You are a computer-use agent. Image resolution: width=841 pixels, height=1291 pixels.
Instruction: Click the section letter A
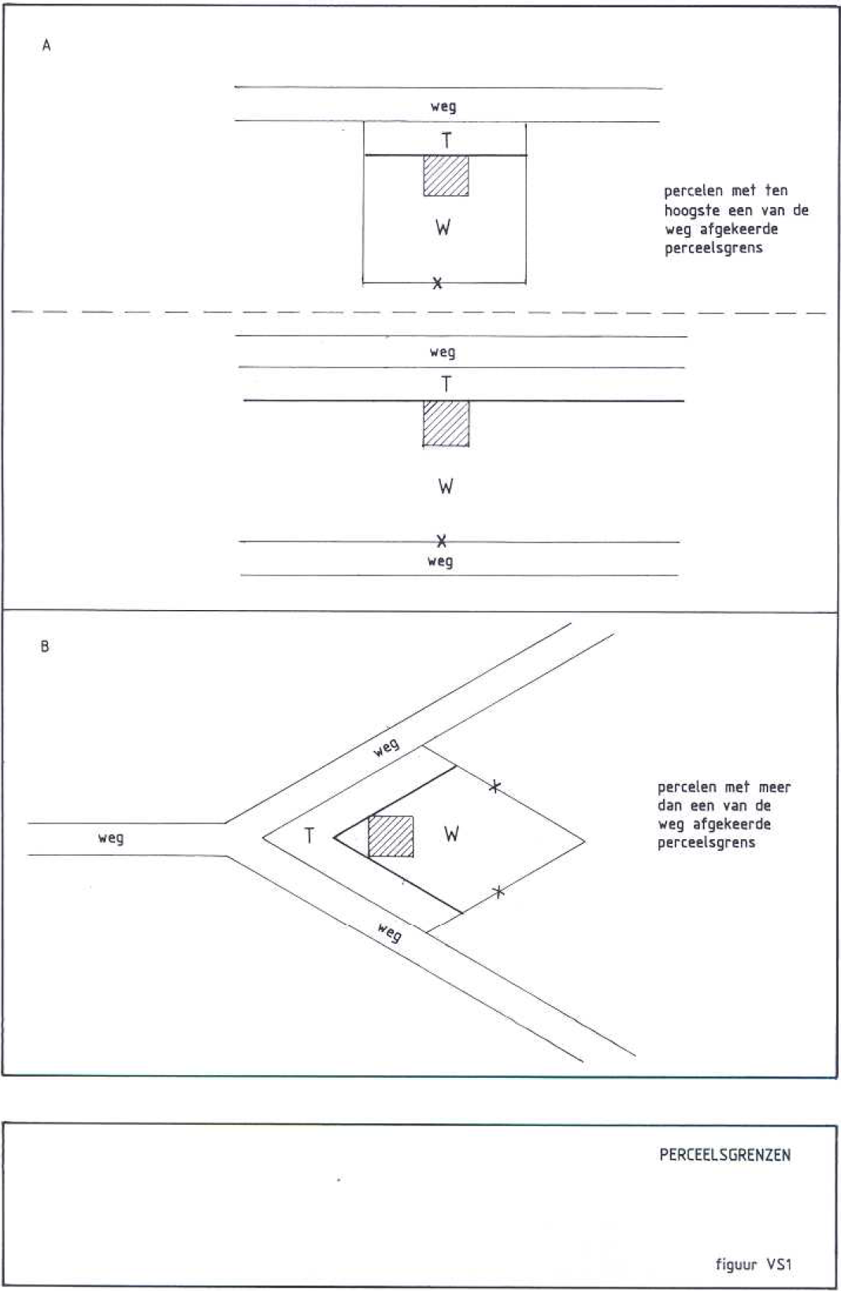46,46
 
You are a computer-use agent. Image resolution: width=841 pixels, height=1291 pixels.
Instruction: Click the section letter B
45,647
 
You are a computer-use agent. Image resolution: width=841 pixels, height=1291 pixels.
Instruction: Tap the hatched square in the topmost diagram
446,176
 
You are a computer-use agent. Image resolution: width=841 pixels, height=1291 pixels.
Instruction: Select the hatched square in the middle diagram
446,424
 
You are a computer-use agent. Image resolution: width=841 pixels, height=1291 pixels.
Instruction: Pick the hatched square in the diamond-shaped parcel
391,836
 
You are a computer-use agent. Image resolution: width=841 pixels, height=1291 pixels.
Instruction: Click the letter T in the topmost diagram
446,140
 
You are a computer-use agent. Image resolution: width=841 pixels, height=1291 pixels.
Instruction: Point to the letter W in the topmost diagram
443,228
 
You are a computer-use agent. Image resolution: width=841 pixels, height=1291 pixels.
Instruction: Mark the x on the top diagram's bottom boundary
438,283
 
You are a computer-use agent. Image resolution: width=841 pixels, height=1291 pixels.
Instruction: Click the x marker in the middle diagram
442,541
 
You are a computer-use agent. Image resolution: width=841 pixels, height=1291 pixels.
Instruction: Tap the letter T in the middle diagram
446,384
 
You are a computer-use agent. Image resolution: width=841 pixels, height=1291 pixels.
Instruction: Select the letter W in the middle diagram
446,486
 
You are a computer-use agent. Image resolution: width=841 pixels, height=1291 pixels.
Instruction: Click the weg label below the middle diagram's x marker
440,561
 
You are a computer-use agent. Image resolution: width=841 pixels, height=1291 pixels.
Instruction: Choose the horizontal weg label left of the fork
111,838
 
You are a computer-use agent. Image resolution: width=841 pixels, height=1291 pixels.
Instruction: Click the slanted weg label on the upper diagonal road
387,747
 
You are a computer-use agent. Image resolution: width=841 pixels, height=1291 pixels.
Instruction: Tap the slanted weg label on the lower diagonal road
389,934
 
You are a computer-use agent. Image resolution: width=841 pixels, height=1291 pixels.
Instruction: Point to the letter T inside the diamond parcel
309,836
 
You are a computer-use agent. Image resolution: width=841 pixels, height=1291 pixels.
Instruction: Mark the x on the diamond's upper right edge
495,786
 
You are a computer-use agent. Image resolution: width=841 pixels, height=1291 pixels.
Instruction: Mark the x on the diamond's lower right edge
498,892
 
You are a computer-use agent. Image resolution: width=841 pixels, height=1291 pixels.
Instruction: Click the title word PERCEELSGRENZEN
724,1156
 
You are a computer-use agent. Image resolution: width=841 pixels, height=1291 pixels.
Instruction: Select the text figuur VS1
753,1265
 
